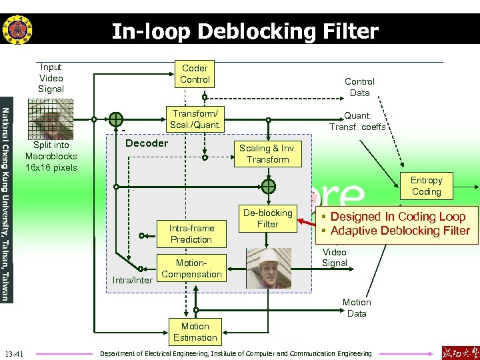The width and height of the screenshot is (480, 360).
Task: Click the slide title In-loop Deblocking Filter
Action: pos(245,31)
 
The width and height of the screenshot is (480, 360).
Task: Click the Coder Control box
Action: pos(195,74)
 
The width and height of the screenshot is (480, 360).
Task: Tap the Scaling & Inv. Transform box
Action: pos(267,154)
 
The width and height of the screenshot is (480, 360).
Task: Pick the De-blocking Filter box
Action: pos(267,219)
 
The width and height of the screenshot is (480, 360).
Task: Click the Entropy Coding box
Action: pos(426,186)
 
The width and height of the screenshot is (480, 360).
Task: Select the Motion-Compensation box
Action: pos(191,269)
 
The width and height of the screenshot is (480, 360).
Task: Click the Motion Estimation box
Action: pos(195,332)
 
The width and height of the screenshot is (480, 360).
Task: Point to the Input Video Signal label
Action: pos(51,78)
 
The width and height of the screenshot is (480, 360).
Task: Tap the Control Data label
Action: pos(359,87)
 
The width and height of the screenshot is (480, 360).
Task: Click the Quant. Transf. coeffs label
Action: pos(357,121)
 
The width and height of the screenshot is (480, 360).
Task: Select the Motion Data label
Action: pos(357,308)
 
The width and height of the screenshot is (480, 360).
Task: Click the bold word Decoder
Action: pos(147,143)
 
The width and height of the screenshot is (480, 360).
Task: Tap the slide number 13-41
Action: pos(14,353)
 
